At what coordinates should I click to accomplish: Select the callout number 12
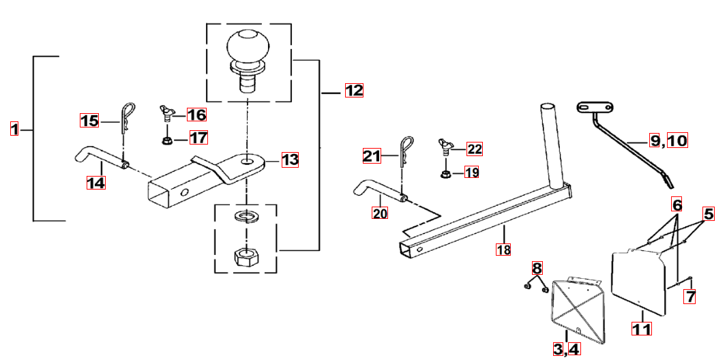pos(354,90)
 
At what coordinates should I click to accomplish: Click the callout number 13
pos(290,160)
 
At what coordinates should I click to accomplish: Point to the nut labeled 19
pos(444,174)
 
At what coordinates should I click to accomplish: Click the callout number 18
pos(503,250)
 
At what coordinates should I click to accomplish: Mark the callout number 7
pos(691,297)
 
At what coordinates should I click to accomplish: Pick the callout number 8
pos(537,268)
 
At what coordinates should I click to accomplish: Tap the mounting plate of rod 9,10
pos(595,108)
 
